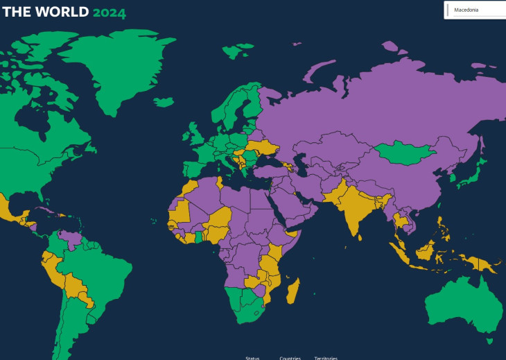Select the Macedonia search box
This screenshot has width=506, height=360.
476,10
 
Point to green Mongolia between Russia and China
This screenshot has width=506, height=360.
404,151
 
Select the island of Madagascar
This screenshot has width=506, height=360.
293,291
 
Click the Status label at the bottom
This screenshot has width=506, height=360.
252,358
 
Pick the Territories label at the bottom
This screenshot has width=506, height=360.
326,358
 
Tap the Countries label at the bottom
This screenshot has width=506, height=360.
290,358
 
